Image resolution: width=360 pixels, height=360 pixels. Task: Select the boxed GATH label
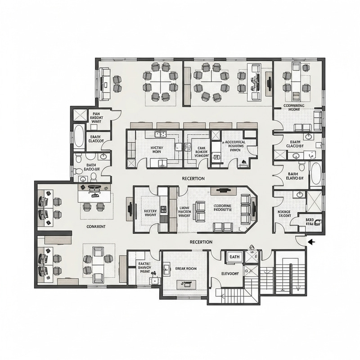pos(235,256)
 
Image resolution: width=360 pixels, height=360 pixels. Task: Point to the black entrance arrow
pos(311,242)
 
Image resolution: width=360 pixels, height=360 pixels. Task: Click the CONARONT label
pos(96,226)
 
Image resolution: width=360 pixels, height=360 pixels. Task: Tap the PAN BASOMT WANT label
pos(96,117)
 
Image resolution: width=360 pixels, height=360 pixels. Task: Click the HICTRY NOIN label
pos(157,149)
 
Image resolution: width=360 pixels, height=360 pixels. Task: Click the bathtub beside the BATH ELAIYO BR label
pos(315,174)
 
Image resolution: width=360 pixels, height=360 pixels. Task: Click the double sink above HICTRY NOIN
pos(160,134)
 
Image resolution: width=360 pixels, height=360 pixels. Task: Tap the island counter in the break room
pos(185,283)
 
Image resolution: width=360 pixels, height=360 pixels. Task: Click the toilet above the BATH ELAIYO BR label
pos(302,167)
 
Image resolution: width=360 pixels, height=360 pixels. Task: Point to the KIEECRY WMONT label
pos(150,213)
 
